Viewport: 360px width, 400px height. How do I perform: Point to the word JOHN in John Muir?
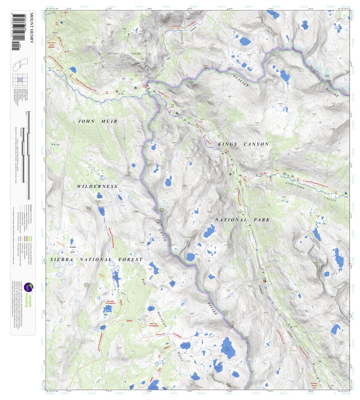click(x=86, y=121)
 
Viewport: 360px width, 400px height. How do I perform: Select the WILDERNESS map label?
click(x=97, y=186)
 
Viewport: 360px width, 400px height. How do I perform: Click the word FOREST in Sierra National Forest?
click(x=129, y=260)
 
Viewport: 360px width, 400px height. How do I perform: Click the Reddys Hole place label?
click(x=72, y=249)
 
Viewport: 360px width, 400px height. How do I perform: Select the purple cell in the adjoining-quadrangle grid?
click(x=20, y=79)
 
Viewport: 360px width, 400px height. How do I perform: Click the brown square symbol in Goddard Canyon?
click(x=265, y=280)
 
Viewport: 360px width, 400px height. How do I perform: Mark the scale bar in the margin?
click(x=28, y=156)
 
